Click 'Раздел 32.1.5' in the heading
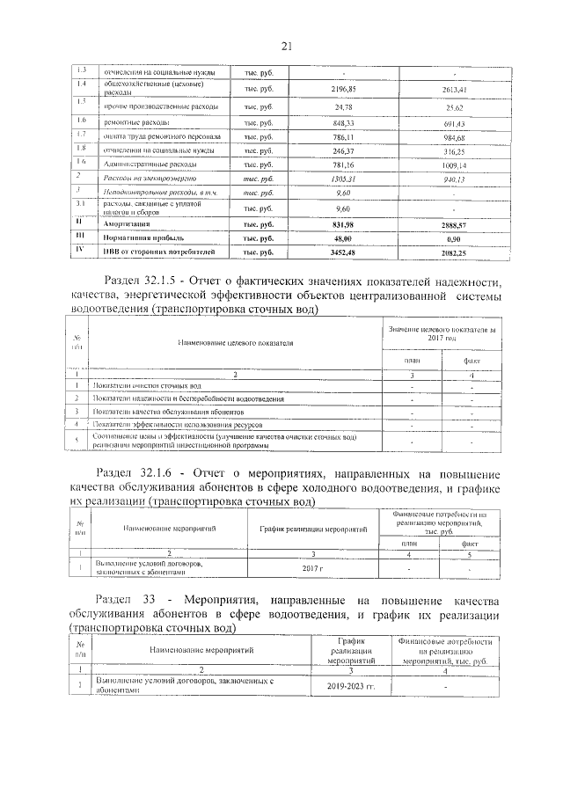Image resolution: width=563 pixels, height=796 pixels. point(145,281)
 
